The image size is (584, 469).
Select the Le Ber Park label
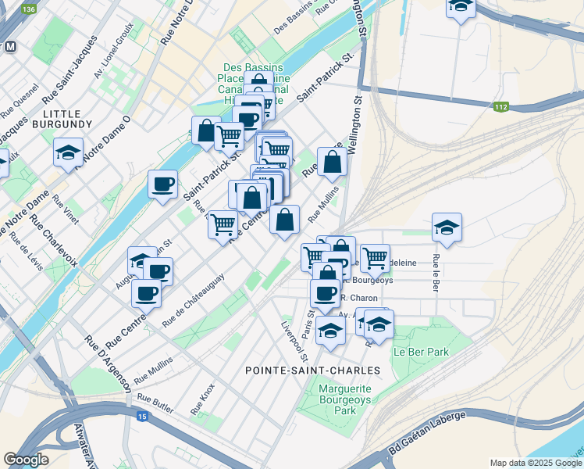421,352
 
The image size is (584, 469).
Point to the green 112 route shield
500,107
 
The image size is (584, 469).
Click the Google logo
26,459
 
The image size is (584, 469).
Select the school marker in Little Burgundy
68,152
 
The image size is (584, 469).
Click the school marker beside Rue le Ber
447,227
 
